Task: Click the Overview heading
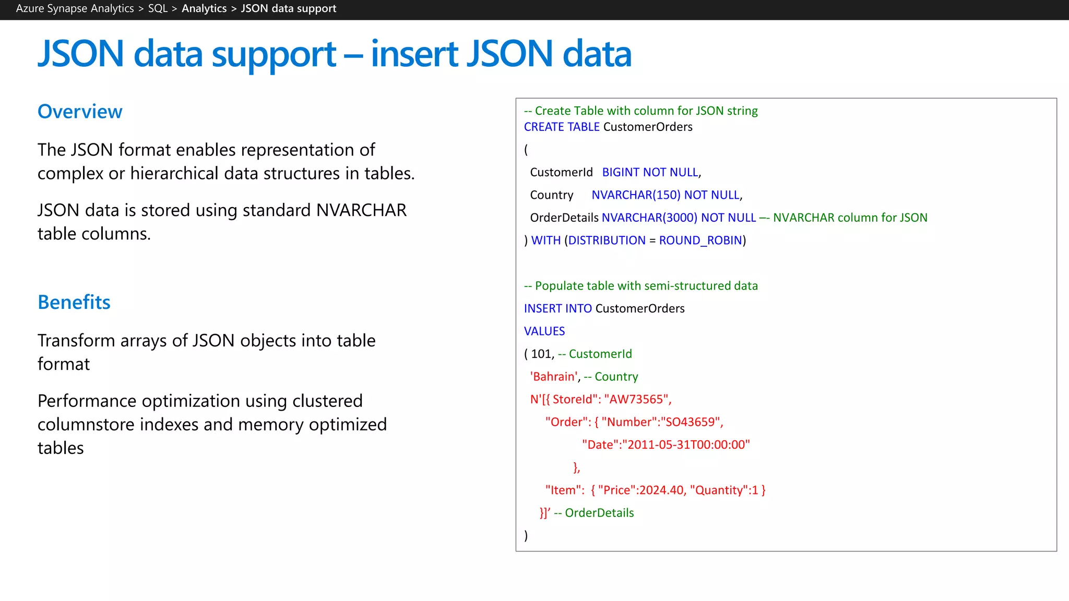click(x=80, y=112)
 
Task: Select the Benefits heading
click(x=74, y=303)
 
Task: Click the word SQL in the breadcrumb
click(x=158, y=8)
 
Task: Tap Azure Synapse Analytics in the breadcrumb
click(x=75, y=8)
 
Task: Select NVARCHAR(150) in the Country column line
click(x=636, y=195)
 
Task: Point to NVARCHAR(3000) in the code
click(x=649, y=218)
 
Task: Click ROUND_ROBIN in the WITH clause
click(x=700, y=241)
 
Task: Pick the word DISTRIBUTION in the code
click(x=607, y=241)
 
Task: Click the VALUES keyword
click(x=544, y=331)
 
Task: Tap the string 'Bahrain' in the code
click(x=554, y=377)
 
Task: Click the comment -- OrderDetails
click(x=594, y=513)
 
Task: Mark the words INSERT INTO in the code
click(x=557, y=309)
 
